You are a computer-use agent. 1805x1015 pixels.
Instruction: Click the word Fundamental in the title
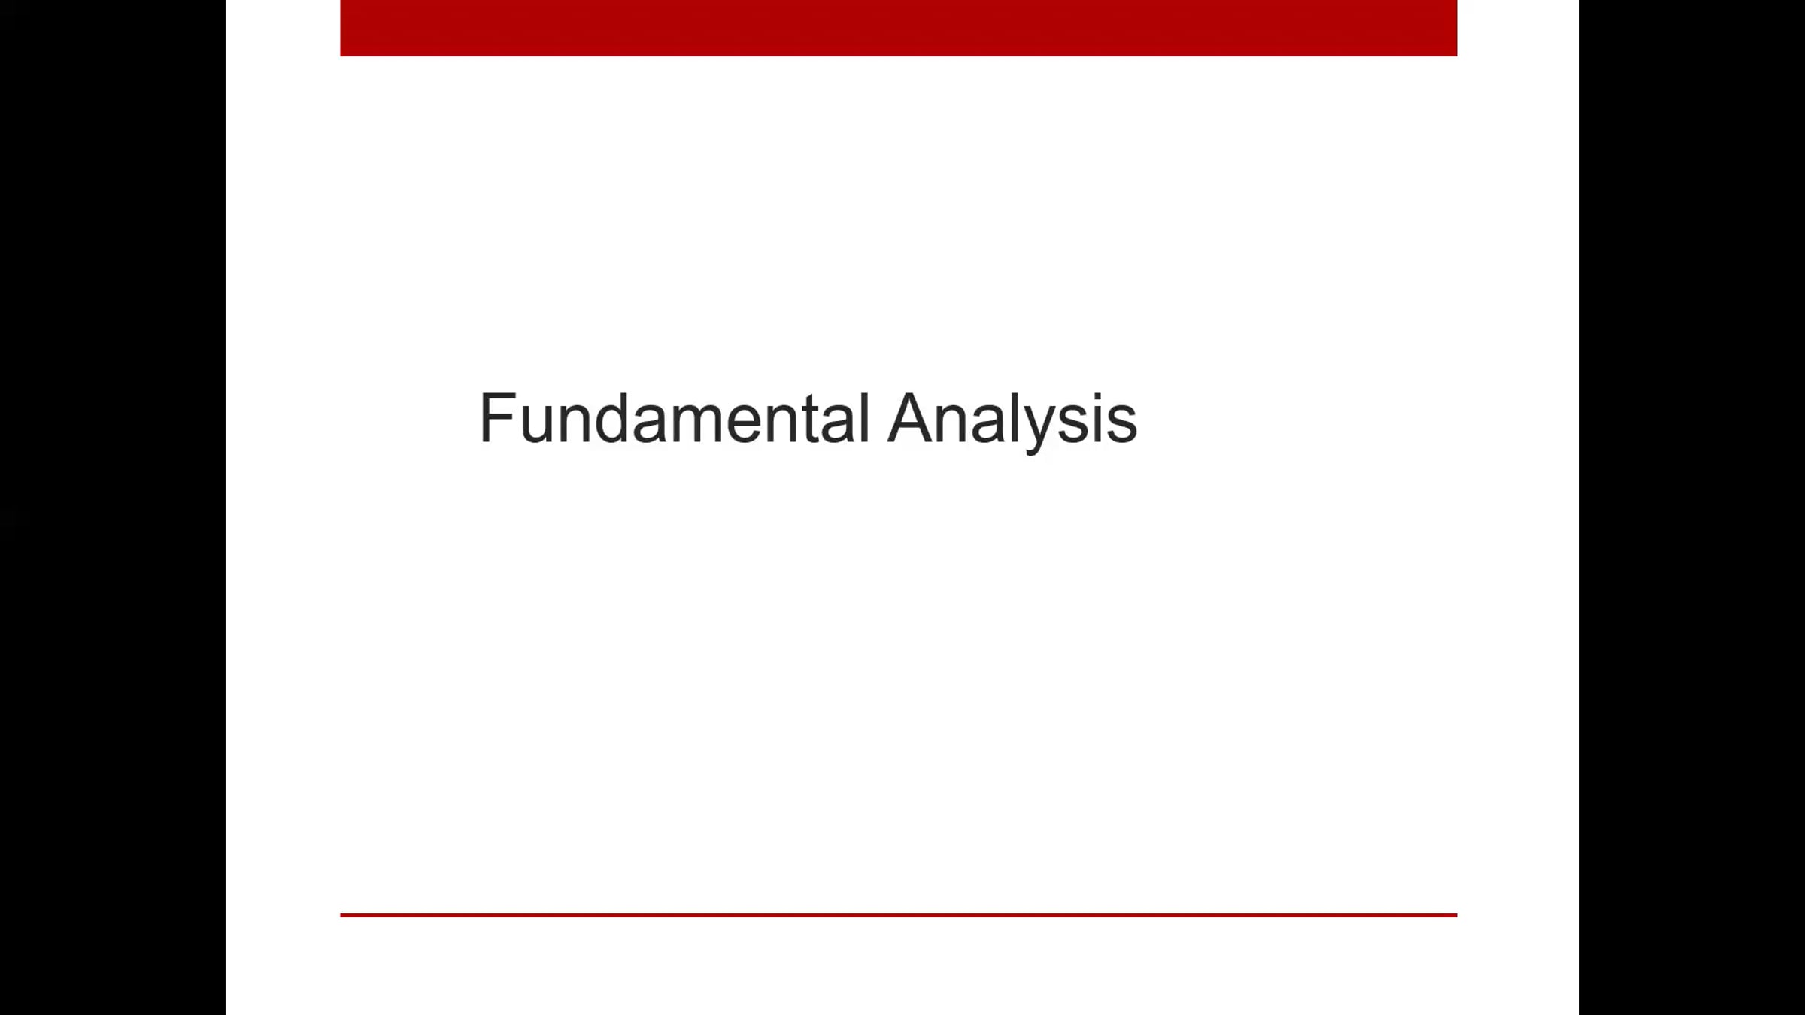(674, 419)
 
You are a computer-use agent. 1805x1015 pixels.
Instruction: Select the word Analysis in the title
(1012, 419)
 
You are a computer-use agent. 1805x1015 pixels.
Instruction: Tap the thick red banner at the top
(898, 28)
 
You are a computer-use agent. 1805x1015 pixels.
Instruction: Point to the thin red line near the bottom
(898, 915)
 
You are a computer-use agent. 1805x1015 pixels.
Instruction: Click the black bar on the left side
(113, 507)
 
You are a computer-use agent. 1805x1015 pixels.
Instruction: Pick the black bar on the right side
(1692, 507)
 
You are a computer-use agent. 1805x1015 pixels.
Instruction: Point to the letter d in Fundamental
(611, 420)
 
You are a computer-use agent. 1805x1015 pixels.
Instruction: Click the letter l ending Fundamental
(863, 419)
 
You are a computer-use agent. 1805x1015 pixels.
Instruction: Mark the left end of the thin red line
(343, 915)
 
